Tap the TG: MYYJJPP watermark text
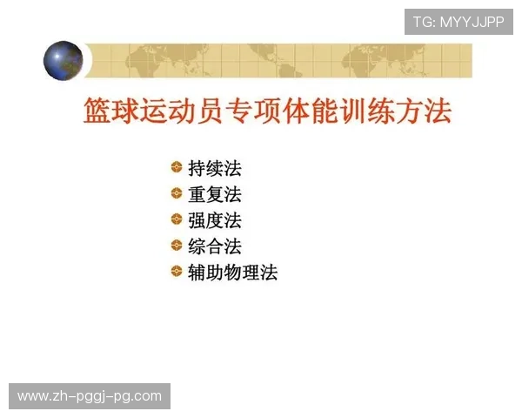click(458, 22)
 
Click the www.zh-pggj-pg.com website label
click(90, 396)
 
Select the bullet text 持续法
click(215, 169)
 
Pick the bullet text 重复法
click(215, 194)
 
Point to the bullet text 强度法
click(215, 220)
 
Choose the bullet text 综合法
click(215, 246)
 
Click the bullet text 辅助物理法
click(233, 273)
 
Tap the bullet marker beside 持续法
click(177, 168)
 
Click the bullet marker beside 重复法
click(177, 193)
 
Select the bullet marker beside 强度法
click(177, 219)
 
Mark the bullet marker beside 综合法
click(177, 246)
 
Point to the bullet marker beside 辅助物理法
click(177, 272)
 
